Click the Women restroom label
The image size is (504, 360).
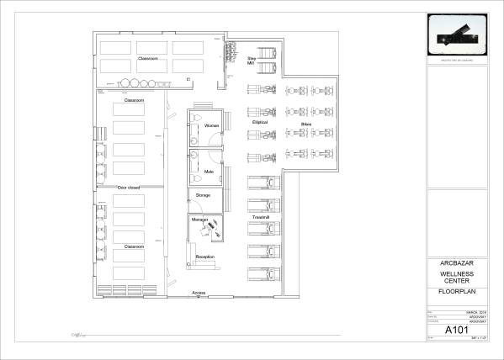point(211,125)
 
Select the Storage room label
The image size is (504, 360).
point(203,195)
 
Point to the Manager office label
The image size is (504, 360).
point(199,220)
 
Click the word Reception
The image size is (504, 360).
point(204,257)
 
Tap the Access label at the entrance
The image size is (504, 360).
point(199,293)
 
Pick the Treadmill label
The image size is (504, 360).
point(260,218)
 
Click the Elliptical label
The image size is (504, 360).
point(259,122)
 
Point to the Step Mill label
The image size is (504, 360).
point(251,61)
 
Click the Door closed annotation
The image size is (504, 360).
point(129,188)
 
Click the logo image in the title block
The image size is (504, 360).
point(455,35)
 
